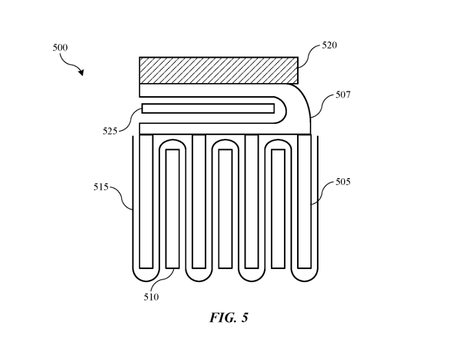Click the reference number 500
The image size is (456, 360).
60,48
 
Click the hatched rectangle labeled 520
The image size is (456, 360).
219,70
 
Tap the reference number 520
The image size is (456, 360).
329,45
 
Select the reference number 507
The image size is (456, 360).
343,95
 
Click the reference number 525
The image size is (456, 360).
110,131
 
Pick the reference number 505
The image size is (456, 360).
343,182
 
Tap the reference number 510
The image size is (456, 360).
151,297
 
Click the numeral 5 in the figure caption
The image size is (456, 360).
245,318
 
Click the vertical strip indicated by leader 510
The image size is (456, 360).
173,209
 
